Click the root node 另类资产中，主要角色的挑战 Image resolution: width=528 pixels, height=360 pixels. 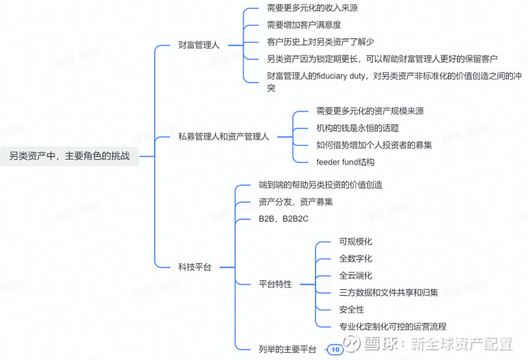(x=69, y=156)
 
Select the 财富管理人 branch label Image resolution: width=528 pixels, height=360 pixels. (x=199, y=45)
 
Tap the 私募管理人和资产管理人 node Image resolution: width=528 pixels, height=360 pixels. (x=224, y=137)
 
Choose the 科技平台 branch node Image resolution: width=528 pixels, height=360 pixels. (x=195, y=268)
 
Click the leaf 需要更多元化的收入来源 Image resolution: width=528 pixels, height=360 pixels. (x=312, y=8)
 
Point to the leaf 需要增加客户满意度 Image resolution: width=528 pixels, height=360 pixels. (x=304, y=25)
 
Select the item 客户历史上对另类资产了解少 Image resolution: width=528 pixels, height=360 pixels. (x=320, y=42)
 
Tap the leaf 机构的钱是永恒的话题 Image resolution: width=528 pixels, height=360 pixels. (x=358, y=128)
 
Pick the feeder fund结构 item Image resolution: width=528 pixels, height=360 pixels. (x=345, y=162)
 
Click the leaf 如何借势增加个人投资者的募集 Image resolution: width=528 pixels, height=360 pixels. (x=374, y=145)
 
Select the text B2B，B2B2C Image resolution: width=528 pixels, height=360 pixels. (x=284, y=219)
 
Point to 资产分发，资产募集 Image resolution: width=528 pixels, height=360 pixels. (x=296, y=202)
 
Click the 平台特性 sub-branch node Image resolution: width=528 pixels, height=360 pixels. (x=275, y=284)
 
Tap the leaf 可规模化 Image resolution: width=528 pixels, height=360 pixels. (x=356, y=242)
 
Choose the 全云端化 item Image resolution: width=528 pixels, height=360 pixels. (x=356, y=275)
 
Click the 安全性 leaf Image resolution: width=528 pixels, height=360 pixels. (x=352, y=310)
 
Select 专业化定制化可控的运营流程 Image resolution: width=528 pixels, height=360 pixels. (x=393, y=326)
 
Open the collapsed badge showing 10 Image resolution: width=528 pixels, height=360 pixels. (x=335, y=349)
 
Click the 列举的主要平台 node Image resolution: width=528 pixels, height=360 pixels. (x=288, y=349)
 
